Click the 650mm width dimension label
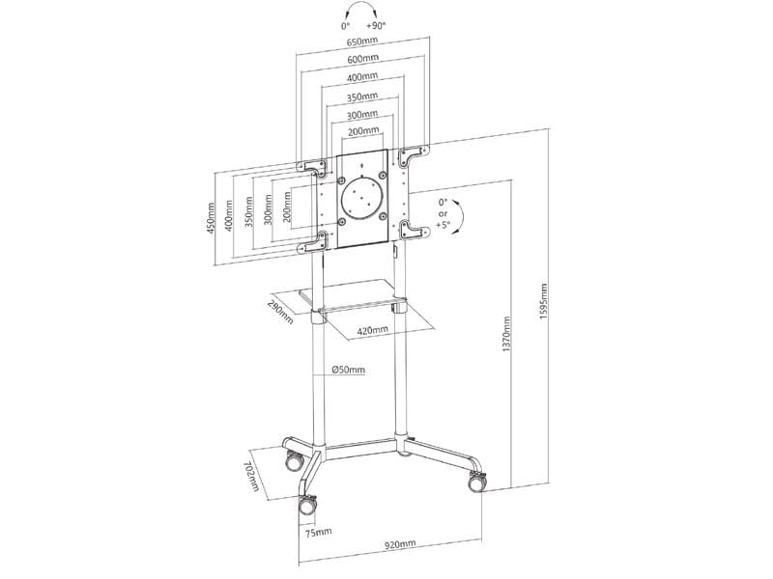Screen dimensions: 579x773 (362, 43)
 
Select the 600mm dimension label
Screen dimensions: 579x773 (362, 60)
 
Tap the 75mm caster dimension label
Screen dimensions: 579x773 (318, 531)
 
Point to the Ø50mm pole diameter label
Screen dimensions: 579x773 (348, 370)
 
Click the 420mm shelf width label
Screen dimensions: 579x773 (373, 330)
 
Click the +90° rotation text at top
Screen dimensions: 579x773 (377, 26)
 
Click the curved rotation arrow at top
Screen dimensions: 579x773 (362, 13)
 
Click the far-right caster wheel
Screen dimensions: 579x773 (475, 483)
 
